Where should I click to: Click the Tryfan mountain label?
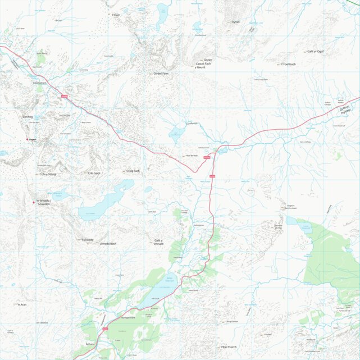click(x=235, y=22)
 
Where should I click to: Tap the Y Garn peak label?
click(x=117, y=15)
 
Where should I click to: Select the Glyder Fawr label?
click(x=161, y=74)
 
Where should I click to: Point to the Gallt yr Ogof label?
click(x=315, y=51)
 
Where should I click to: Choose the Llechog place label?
click(x=28, y=117)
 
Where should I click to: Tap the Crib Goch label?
click(x=94, y=173)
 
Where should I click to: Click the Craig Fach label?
click(x=133, y=170)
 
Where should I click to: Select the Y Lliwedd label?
click(x=86, y=240)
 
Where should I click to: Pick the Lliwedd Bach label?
click(x=108, y=244)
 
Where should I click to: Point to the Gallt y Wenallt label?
click(x=158, y=241)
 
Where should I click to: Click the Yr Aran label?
click(x=22, y=304)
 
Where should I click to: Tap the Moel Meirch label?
click(x=229, y=347)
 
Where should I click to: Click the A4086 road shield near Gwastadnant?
click(x=64, y=97)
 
